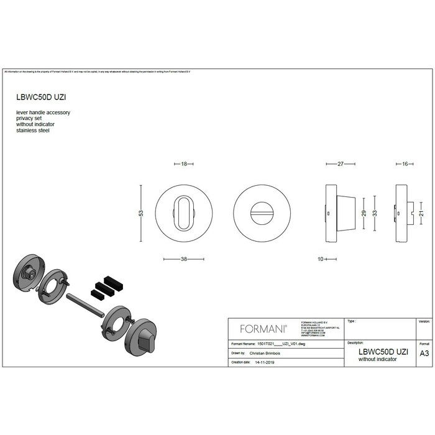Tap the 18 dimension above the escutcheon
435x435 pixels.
(x=184, y=165)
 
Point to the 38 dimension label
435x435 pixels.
(x=184, y=260)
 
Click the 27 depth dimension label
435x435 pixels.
(x=341, y=165)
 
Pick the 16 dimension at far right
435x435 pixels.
(x=405, y=165)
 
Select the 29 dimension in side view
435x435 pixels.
(x=364, y=213)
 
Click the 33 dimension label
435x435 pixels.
(x=375, y=213)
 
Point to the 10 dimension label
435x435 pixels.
(x=321, y=260)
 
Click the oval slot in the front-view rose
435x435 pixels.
(x=184, y=213)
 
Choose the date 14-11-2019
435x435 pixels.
(x=265, y=361)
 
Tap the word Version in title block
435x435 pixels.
(x=424, y=322)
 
